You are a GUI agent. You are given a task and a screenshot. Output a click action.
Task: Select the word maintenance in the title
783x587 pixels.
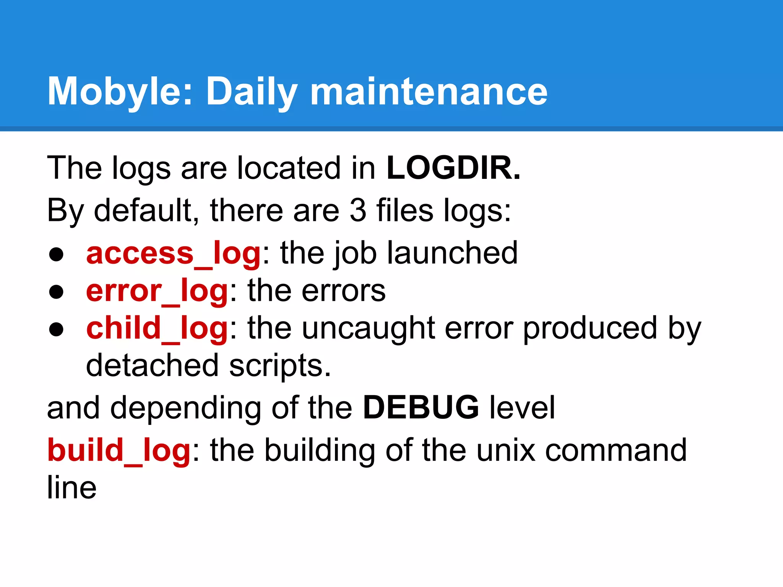coord(429,92)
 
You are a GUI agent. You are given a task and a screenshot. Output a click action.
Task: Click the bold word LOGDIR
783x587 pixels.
coord(453,168)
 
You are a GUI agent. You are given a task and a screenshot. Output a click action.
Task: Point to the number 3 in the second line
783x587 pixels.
coord(358,210)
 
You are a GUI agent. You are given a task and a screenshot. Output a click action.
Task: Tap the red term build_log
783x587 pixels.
coord(119,450)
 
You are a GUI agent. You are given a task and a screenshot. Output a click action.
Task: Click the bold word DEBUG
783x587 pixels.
coord(421,408)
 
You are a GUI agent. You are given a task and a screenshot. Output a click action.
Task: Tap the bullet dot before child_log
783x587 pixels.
coord(56,330)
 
